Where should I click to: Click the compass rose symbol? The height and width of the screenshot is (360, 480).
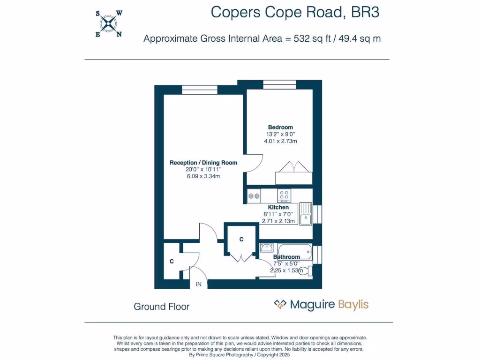tap(109, 23)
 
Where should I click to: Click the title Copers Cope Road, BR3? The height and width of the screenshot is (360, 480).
tap(295, 12)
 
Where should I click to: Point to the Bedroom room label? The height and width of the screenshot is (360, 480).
tap(280, 127)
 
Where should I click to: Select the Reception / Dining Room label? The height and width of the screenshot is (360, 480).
tap(203, 163)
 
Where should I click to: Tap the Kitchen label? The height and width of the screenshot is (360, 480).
tap(278, 207)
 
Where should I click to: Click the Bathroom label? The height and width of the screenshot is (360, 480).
tap(286, 257)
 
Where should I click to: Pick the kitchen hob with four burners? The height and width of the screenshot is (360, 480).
tap(284, 195)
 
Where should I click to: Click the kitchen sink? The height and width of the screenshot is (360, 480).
tap(306, 213)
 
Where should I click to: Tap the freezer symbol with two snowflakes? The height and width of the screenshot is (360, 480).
tap(254, 195)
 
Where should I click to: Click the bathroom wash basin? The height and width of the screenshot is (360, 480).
tap(266, 247)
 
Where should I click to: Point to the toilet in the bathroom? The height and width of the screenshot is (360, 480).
tap(304, 270)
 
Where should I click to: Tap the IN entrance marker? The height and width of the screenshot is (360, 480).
tap(199, 284)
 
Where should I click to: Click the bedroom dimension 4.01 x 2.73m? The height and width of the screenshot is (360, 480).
tap(280, 141)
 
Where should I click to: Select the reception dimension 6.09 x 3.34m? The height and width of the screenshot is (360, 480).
tap(203, 176)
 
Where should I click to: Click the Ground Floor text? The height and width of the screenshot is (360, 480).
tap(162, 307)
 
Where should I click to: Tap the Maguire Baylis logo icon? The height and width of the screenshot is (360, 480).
tap(280, 305)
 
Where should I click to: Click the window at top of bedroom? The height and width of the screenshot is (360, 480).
tap(279, 85)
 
